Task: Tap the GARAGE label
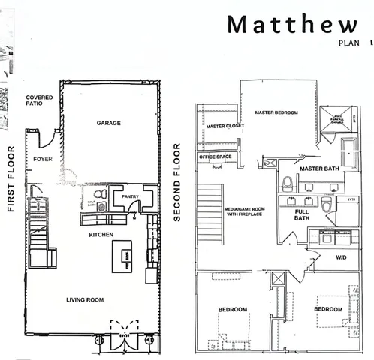[x=110, y=122]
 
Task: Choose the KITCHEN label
[x=101, y=235]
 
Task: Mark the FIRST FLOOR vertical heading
[x=11, y=179]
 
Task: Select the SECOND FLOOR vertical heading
[x=178, y=183]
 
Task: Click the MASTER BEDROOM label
[x=276, y=112]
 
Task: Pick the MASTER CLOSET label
[x=222, y=127]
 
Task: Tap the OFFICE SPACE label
[x=216, y=157]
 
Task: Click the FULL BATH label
[x=302, y=215]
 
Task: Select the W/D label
[x=341, y=256]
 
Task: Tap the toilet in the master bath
[x=288, y=183]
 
